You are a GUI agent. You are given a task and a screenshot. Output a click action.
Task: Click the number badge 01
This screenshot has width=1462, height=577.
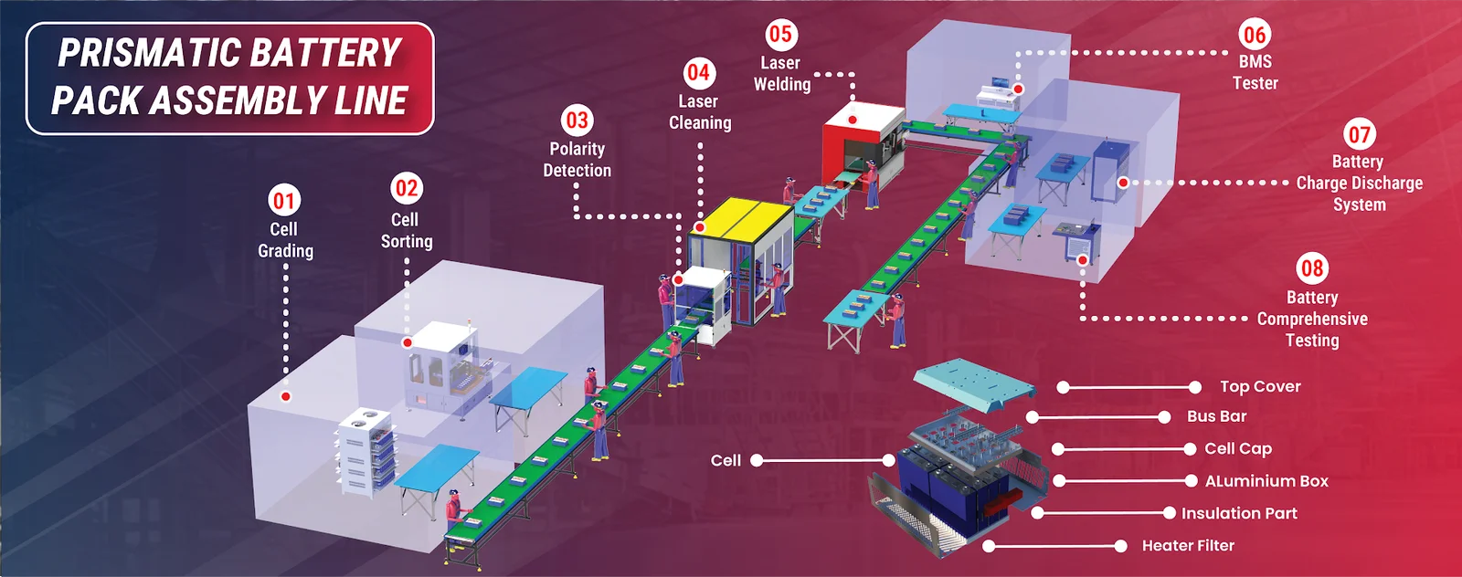click(284, 201)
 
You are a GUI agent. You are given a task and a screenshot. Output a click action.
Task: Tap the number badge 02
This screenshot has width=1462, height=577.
click(407, 189)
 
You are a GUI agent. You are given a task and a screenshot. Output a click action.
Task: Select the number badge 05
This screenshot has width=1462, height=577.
click(780, 35)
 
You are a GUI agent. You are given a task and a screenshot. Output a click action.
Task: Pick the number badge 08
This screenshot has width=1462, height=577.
click(1312, 268)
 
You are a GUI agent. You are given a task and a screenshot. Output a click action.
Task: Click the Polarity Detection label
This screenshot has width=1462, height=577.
click(577, 160)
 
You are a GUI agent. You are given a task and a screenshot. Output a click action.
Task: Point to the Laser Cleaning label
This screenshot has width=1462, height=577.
click(699, 112)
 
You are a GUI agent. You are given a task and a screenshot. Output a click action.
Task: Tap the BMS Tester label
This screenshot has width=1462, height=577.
click(1255, 72)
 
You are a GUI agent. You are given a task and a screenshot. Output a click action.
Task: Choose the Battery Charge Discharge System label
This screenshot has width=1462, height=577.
click(1359, 183)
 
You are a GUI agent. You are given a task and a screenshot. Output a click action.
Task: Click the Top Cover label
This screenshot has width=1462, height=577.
click(1260, 387)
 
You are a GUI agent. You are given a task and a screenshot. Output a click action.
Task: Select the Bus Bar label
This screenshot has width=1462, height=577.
click(1216, 416)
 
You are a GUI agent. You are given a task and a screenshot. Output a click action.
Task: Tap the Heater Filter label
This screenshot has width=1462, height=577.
click(1188, 546)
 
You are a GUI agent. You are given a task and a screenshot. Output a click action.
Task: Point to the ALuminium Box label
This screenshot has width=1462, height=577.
click(1266, 481)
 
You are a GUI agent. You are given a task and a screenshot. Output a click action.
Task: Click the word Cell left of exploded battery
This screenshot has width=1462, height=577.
click(726, 461)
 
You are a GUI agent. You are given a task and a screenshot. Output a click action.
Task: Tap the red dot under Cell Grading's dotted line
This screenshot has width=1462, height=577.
click(286, 396)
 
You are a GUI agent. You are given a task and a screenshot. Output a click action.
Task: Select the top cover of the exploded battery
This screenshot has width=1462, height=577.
click(973, 380)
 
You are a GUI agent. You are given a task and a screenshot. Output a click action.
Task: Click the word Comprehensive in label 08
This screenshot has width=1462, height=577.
click(1312, 320)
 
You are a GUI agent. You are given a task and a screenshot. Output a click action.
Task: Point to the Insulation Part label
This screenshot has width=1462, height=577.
click(1239, 514)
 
